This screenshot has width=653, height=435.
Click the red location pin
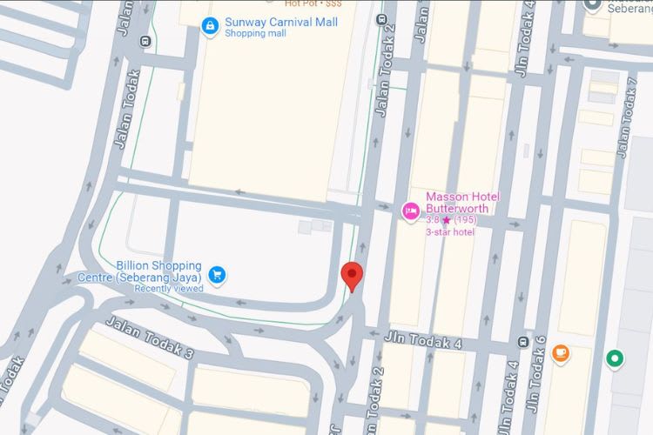coord(351,276)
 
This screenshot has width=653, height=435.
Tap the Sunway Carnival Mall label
coord(280,22)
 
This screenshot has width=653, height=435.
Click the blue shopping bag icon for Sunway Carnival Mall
coord(209,27)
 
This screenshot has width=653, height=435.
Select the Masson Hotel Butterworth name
coord(461,203)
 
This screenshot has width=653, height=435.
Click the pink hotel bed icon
coord(409,211)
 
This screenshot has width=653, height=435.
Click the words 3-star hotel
coord(450,232)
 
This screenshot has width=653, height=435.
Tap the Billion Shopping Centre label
coord(158,271)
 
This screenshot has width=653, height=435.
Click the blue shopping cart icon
coord(218,275)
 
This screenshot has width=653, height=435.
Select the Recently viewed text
coord(169,289)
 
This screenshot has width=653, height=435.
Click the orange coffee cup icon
coord(560,353)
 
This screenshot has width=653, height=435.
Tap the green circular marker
coord(615,358)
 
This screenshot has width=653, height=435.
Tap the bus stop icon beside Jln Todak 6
coord(523,342)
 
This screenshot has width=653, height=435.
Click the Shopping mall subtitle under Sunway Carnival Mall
coord(255,34)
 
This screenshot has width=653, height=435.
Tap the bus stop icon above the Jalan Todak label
coord(145,40)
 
